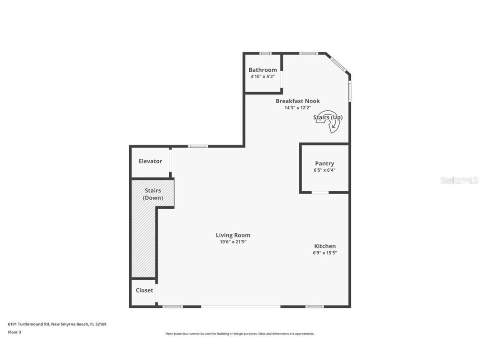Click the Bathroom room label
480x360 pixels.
pyautogui.click(x=262, y=70)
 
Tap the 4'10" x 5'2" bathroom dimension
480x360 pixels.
pyautogui.click(x=262, y=77)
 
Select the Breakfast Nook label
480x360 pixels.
pyautogui.click(x=297, y=101)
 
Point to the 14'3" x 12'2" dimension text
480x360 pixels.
pyautogui.click(x=297, y=107)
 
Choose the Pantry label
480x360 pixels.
pyautogui.click(x=325, y=164)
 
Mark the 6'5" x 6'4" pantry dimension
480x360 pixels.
pyautogui.click(x=325, y=170)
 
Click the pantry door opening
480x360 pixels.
pyautogui.click(x=320, y=192)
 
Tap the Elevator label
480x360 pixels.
pyautogui.click(x=150, y=161)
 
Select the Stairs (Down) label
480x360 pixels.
pyautogui.click(x=153, y=194)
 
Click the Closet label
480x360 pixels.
pyautogui.click(x=144, y=290)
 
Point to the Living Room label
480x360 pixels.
pyautogui.click(x=233, y=235)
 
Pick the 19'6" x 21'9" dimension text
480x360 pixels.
pyautogui.click(x=233, y=242)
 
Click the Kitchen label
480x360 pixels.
pyautogui.click(x=325, y=246)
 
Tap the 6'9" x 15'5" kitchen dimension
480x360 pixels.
pyautogui.click(x=325, y=253)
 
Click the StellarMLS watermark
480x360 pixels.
pyautogui.click(x=459, y=180)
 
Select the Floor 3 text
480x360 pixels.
pyautogui.click(x=14, y=332)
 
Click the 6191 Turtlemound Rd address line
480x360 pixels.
pyautogui.click(x=57, y=324)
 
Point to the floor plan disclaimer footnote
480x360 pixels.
pyautogui.click(x=240, y=334)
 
